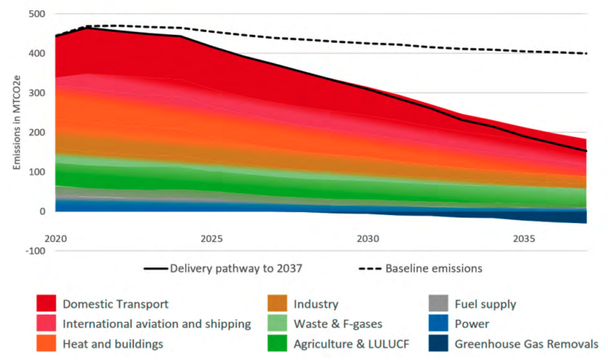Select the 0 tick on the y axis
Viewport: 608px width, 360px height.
pos(41,211)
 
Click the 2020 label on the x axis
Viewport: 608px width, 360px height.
pos(55,237)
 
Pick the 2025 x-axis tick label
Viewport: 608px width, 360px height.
pos(211,237)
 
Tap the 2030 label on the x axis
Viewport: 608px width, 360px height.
pos(367,237)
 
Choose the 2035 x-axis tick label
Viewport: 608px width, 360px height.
pos(523,237)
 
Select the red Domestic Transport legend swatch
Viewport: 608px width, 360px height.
pos(45,304)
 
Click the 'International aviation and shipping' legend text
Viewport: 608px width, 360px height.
pos(156,324)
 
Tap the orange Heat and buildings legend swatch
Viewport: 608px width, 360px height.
pos(45,343)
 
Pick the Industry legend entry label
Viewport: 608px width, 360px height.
pos(316,304)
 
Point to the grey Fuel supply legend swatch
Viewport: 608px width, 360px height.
pos(439,304)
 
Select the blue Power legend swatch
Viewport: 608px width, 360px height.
pos(439,324)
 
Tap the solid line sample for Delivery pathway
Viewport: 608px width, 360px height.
pos(155,268)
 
